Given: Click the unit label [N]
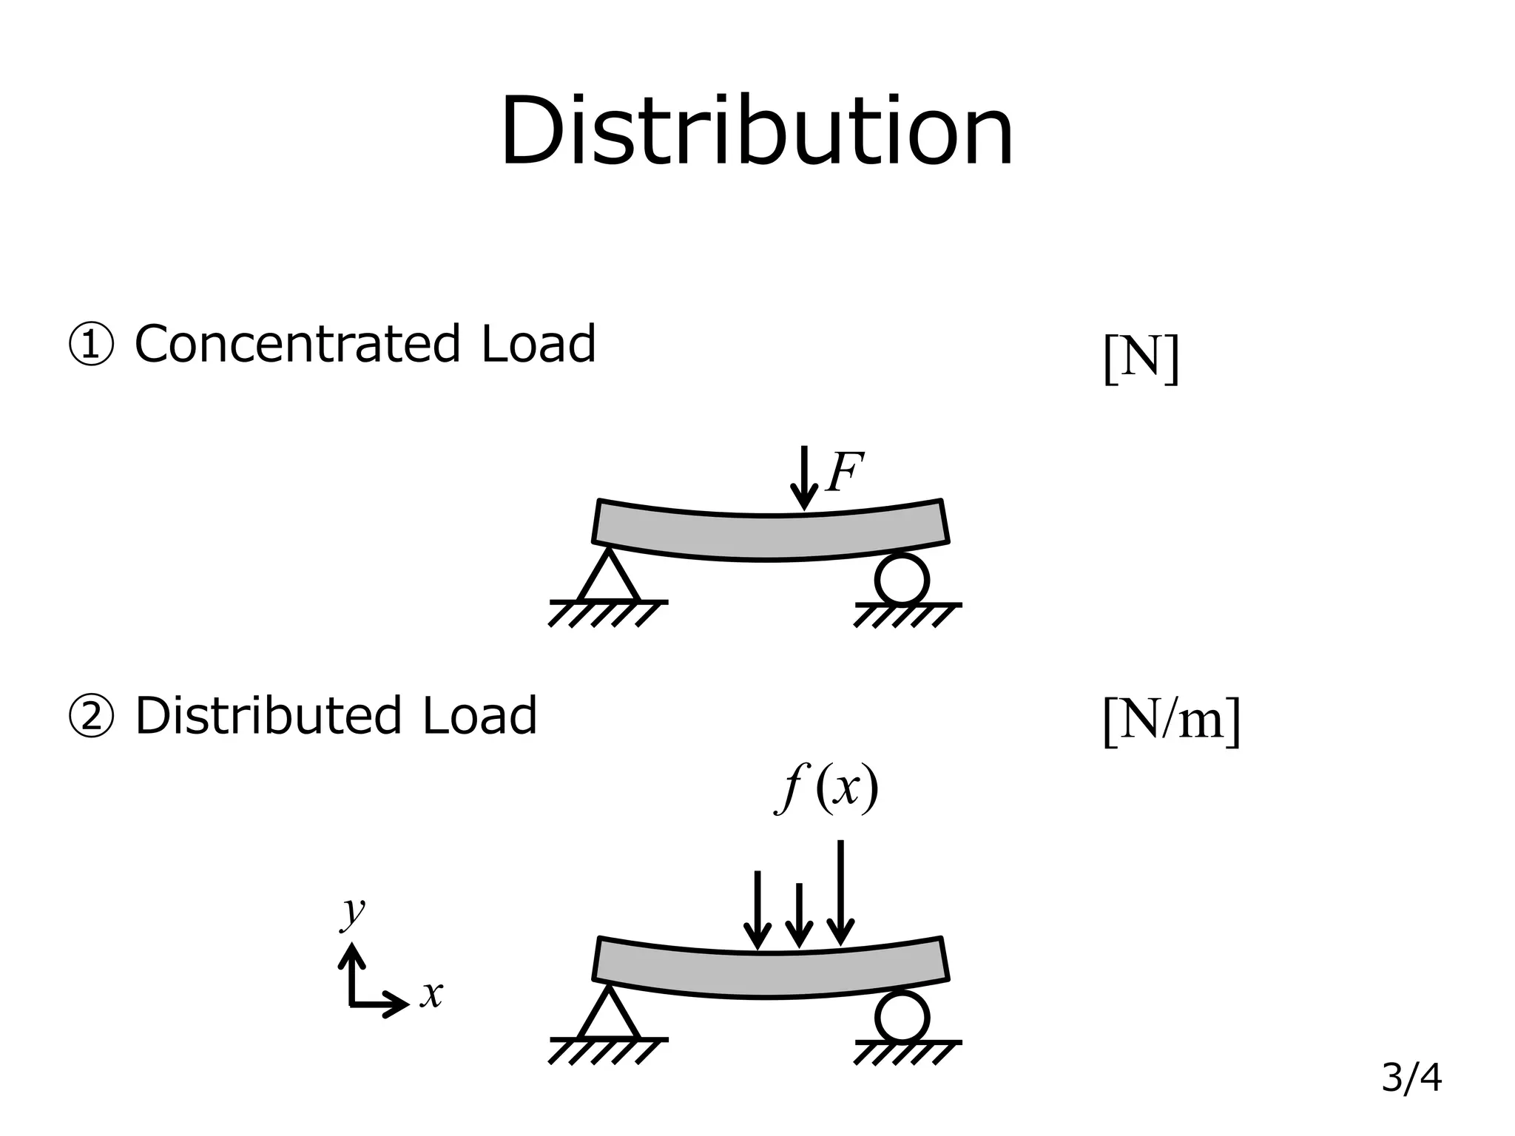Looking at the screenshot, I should pos(1140,359).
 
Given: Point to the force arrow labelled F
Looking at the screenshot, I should pos(803,478).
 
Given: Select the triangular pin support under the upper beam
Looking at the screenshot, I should pos(608,576).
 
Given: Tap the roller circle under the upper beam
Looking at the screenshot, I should pos(901,579).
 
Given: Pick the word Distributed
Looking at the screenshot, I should pos(269,716).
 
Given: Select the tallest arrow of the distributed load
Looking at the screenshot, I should pos(840,892).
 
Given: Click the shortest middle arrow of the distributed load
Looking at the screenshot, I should pos(798,915).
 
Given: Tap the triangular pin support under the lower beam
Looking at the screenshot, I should pos(608,1013).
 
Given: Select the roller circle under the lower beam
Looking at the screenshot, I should pos(901,1017).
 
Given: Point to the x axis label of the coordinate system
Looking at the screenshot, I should pos(431,993).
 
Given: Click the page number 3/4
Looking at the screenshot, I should pos(1411,1078).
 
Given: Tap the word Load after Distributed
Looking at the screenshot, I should pos(479,716).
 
